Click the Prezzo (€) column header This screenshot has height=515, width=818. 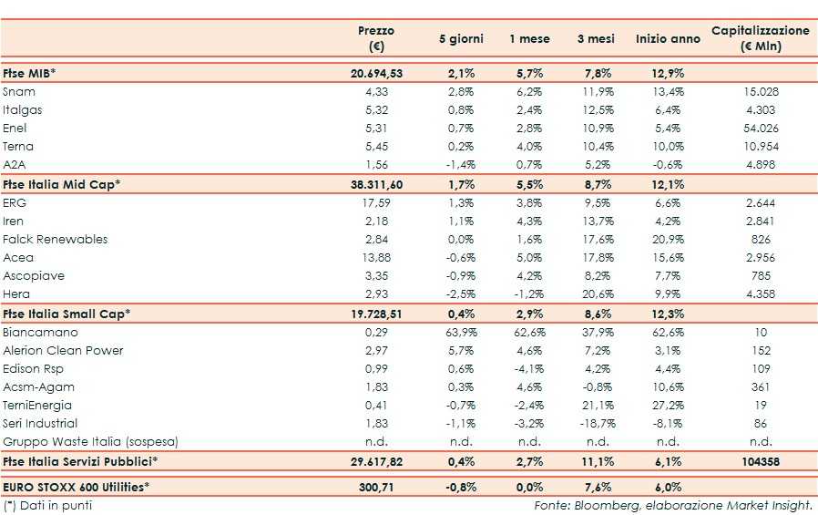[376, 38]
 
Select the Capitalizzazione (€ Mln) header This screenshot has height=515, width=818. [760, 38]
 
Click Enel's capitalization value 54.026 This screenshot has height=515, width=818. [761, 128]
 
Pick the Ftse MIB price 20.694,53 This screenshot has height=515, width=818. [376, 73]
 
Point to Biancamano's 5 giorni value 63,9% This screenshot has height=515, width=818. [463, 332]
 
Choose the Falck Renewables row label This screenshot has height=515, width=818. [55, 239]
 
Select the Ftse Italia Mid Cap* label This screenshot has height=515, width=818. [62, 184]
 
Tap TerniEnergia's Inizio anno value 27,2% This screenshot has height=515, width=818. [669, 405]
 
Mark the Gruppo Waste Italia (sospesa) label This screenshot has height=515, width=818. [89, 441]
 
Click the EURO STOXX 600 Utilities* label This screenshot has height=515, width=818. [77, 488]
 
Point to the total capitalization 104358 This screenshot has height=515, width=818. [761, 462]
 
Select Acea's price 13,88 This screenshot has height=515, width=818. [376, 257]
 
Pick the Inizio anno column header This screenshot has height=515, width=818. [668, 39]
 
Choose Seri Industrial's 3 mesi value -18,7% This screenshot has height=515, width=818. [596, 423]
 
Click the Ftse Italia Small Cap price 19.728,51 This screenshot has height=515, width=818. [376, 314]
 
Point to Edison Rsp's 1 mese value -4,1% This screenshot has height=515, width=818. [531, 368]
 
